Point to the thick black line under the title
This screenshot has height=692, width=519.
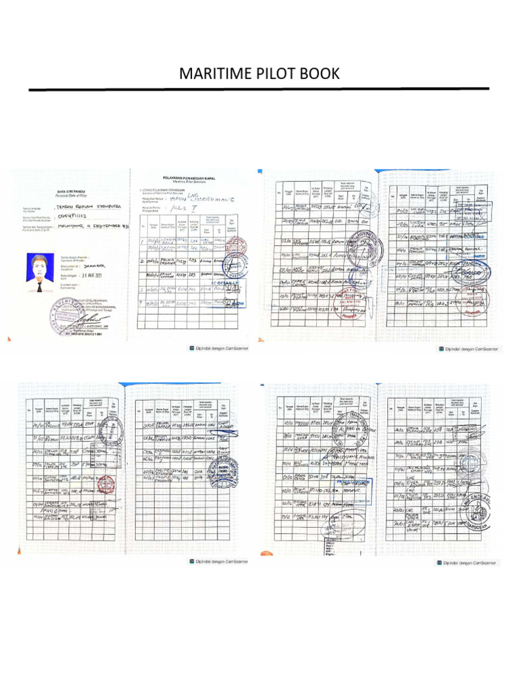(259, 89)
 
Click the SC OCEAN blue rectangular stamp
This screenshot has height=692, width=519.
(228, 282)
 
